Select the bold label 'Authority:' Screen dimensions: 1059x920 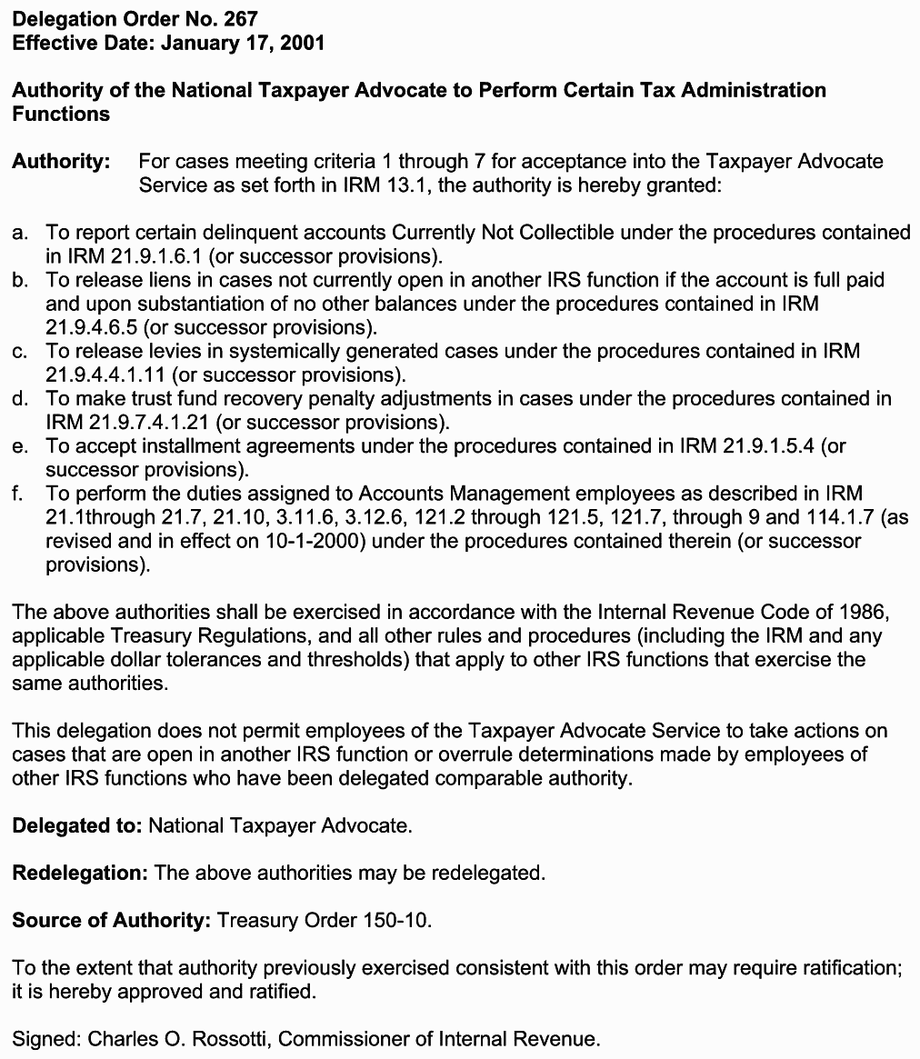61,162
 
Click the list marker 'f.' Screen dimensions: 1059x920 17,494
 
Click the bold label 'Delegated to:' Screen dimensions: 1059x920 77,825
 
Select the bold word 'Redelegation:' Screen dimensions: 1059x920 80,873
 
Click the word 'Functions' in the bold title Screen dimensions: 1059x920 61,114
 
